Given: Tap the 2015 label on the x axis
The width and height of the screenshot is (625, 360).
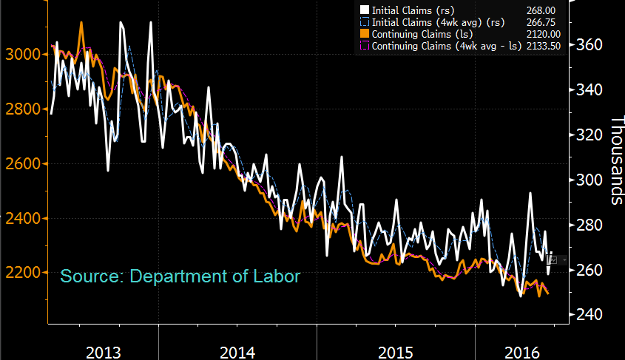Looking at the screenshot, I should [394, 350].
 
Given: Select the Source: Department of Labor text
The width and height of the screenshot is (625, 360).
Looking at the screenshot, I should [180, 276].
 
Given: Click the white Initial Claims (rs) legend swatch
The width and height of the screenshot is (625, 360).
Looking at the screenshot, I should [364, 10].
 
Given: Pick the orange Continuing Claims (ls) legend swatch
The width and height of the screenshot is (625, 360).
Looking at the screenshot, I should [364, 33].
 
